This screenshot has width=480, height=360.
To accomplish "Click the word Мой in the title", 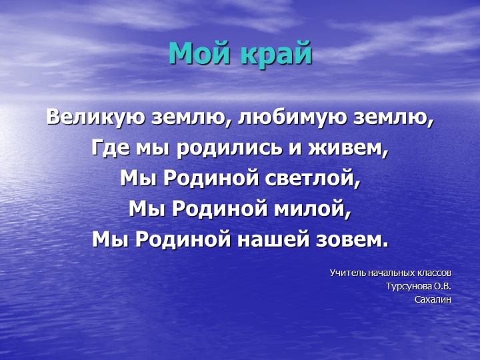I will pos(195,54).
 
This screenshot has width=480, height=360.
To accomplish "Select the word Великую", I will pos(91,118).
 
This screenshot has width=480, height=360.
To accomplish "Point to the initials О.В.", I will pos(442,287).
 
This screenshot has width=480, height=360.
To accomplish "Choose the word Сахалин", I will pos(433,300).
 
